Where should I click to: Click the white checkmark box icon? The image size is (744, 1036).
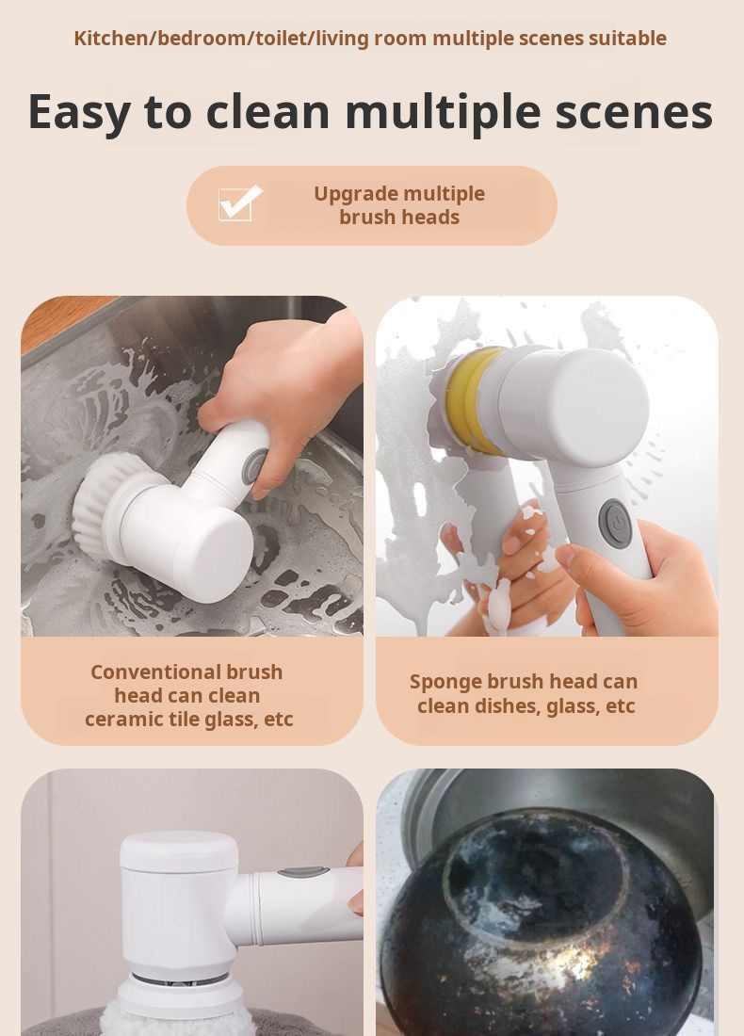[x=240, y=202]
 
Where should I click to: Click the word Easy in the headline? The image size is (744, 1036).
[x=78, y=113]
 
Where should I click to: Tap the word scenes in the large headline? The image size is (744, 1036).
[x=634, y=112]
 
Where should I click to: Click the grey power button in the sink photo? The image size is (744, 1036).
[x=255, y=467]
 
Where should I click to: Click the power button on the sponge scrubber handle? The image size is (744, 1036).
[x=614, y=523]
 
